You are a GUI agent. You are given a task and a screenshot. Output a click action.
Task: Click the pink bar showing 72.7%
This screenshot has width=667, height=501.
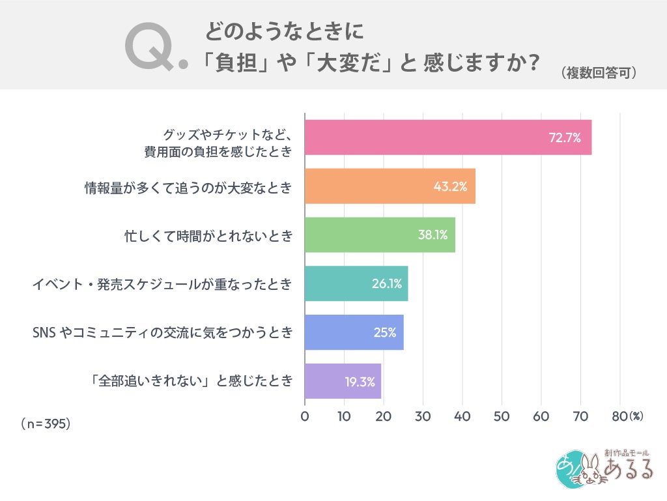click(x=448, y=137)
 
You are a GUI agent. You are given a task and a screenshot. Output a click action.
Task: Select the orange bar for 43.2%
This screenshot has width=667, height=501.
click(x=390, y=186)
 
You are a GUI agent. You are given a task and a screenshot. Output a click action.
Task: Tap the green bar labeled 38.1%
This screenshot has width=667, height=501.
click(x=380, y=235)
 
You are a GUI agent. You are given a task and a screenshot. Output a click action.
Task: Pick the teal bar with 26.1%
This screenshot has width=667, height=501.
click(x=356, y=283)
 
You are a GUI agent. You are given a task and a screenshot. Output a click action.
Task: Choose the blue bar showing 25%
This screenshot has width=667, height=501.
click(x=354, y=332)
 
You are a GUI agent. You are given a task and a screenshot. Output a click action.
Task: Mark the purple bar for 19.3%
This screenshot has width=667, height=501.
click(x=343, y=381)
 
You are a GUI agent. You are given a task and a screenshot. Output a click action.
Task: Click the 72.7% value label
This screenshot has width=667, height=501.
click(x=564, y=138)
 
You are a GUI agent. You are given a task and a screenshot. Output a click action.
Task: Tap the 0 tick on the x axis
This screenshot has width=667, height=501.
click(x=305, y=416)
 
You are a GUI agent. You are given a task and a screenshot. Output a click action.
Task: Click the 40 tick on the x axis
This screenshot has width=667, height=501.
click(x=462, y=416)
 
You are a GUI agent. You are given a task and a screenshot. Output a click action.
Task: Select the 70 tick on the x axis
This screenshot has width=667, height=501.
click(x=580, y=416)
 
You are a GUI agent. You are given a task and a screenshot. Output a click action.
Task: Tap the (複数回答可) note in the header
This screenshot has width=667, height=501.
click(x=598, y=72)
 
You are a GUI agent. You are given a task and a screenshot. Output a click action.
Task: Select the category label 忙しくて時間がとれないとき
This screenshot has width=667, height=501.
click(x=208, y=236)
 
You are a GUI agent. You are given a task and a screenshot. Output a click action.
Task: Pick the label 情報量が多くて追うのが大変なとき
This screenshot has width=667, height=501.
click(x=188, y=188)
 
